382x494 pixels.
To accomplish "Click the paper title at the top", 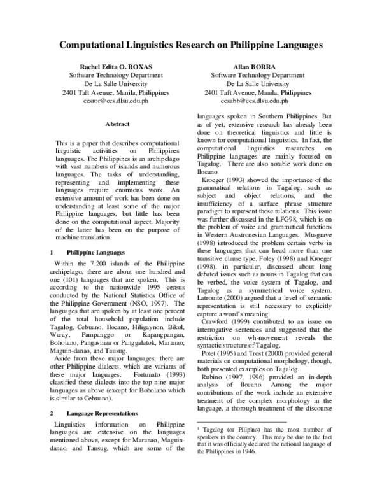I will coord(191,46).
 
